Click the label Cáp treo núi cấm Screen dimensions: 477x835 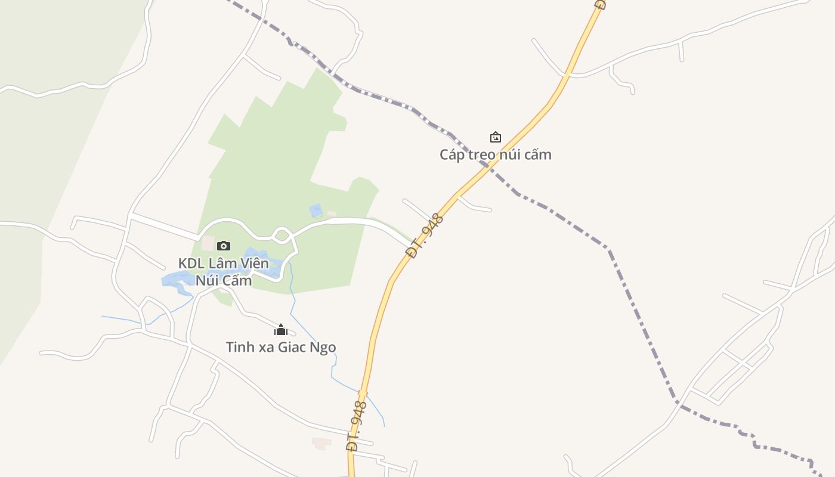[x=496, y=154]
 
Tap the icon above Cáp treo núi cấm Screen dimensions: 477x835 [x=495, y=138]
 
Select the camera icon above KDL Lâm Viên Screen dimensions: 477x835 [x=224, y=246]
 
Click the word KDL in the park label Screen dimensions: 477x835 [x=190, y=263]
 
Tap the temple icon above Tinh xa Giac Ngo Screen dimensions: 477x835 [x=280, y=330]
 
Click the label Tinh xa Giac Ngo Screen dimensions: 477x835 [x=280, y=347]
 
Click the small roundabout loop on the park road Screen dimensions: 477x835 [x=282, y=234]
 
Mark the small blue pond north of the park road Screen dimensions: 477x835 [x=316, y=210]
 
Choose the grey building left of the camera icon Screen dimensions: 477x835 [x=208, y=243]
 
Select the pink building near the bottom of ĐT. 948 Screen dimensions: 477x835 [x=321, y=443]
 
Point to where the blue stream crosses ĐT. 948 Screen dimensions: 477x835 [x=363, y=393]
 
